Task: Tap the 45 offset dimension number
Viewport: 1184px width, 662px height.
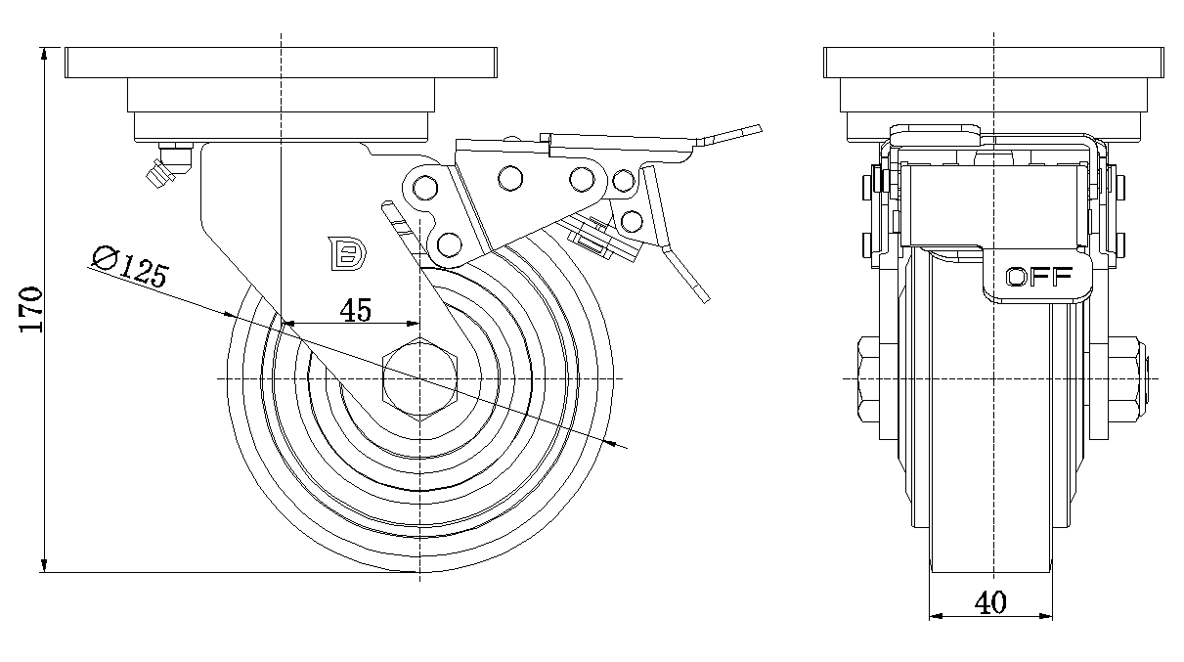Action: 355,310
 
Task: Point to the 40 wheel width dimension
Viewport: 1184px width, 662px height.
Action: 991,603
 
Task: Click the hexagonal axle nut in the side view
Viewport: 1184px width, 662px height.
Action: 420,377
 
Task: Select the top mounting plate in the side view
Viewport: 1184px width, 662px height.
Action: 281,62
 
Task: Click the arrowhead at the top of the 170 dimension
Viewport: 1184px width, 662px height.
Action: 45,51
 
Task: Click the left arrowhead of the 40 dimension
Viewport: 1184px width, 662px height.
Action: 932,616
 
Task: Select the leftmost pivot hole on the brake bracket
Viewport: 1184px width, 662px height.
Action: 423,185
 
